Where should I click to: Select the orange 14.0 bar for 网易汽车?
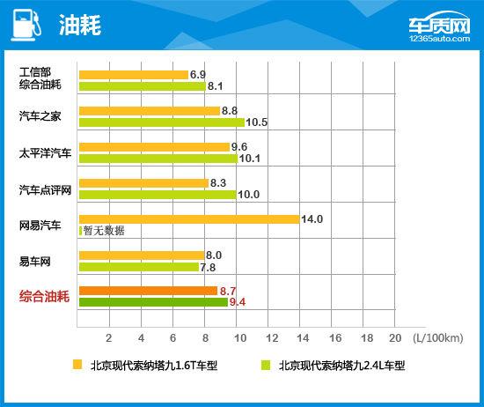(x=188, y=219)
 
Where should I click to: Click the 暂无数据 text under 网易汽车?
(x=105, y=231)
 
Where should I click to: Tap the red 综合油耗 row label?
(x=45, y=297)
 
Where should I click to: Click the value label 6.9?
(x=198, y=75)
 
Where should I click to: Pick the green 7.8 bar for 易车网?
(x=139, y=267)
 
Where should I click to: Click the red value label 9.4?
(x=238, y=302)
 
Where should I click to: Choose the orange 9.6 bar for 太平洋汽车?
(x=154, y=147)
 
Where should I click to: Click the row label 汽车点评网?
(x=45, y=189)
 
